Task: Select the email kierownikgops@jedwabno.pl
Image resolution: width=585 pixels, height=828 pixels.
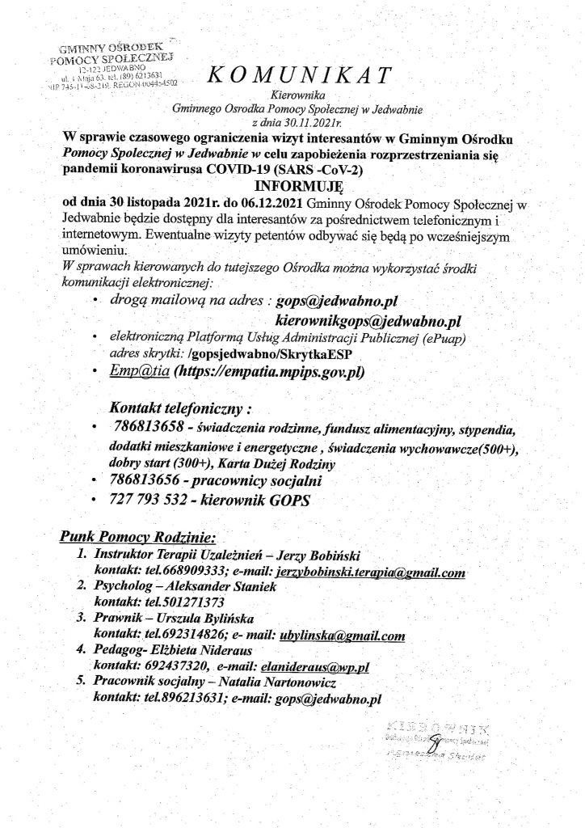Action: (x=368, y=323)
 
